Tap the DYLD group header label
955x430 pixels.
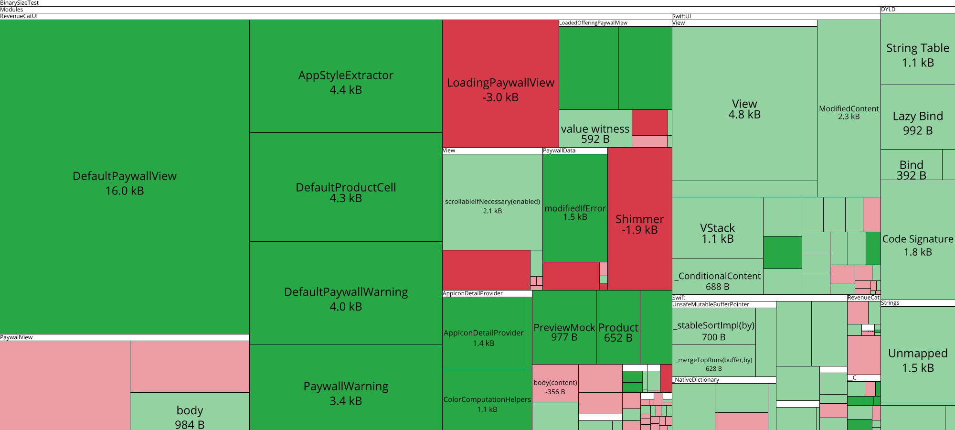point(888,10)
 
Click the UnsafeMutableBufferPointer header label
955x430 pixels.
point(711,304)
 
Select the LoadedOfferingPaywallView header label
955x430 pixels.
point(593,23)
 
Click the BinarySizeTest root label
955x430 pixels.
point(20,3)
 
